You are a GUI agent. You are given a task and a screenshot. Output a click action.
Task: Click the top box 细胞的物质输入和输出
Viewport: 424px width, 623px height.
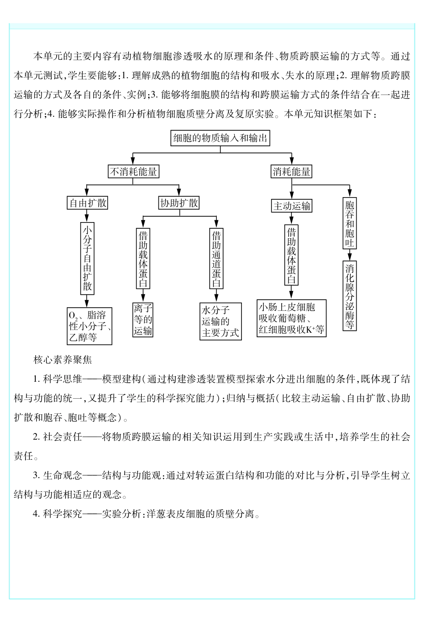pos(220,138)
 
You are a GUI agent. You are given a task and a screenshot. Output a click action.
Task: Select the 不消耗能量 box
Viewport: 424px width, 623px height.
pos(133,172)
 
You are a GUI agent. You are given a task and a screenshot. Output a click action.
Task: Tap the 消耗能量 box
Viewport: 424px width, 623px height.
pos(291,172)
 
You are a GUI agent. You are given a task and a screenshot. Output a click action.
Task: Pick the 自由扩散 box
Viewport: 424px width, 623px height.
pos(87,203)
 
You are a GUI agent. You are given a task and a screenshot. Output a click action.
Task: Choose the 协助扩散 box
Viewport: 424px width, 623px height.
pos(179,203)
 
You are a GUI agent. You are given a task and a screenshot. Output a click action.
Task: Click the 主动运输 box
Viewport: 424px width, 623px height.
pos(291,206)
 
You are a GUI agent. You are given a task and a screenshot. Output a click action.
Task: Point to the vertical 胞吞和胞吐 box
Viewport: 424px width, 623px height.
pos(349,223)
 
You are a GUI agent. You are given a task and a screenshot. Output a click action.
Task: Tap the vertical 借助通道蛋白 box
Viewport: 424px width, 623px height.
pos(216,259)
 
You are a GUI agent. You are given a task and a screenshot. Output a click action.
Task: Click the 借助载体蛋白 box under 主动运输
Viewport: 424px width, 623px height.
pos(291,255)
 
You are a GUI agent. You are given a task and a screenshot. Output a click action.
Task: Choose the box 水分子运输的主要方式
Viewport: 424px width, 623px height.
pos(220,322)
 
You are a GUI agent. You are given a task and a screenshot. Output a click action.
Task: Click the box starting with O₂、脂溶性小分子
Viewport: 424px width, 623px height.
pos(89,326)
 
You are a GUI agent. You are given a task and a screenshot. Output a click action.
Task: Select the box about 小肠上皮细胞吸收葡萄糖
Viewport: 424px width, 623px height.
pos(291,318)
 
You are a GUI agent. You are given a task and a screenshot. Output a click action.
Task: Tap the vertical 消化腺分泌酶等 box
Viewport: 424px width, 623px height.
pos(349,296)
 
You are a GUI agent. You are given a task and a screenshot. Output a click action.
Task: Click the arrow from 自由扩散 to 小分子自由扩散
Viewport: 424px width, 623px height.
pos(87,216)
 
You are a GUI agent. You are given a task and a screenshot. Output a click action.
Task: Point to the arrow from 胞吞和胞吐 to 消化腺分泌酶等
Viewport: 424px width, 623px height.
pos(349,256)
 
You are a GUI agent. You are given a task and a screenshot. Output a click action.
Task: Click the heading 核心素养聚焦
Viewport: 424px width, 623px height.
pos(62,359)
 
